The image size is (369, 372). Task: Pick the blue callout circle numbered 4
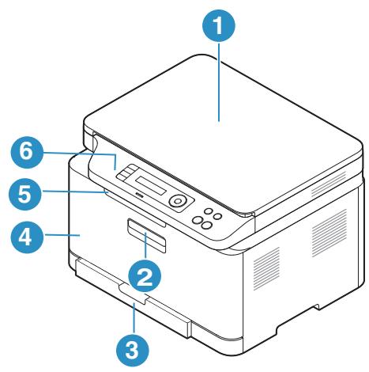click(x=25, y=236)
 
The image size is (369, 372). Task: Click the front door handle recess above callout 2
click(x=144, y=236)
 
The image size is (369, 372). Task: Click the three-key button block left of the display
click(x=126, y=169)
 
